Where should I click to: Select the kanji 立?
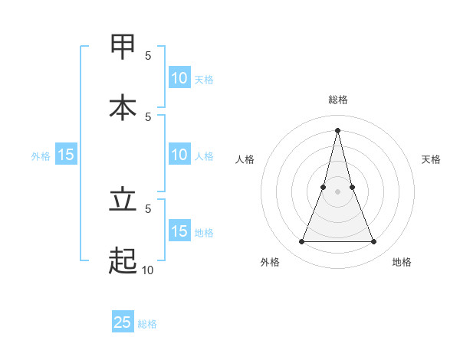coord(123,200)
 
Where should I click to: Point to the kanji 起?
coord(123,261)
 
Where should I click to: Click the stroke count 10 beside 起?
coord(147,270)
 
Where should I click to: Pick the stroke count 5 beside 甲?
coord(148,55)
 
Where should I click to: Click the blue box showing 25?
coord(123,322)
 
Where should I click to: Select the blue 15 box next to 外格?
coord(66,155)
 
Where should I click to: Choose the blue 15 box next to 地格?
coord(179,231)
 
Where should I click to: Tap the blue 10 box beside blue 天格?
coord(179,78)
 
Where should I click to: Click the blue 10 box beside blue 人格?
coord(179,155)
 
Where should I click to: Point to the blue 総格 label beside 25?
coord(147,324)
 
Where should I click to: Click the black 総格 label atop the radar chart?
coord(338,100)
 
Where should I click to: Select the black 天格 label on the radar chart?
coord(431,159)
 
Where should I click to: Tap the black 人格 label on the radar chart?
coord(245,159)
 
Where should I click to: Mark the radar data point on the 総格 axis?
coord(338,129)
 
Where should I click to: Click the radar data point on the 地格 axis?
coord(374,242)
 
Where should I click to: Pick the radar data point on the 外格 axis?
coord(302,242)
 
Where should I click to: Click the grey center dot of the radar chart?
coord(338,192)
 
